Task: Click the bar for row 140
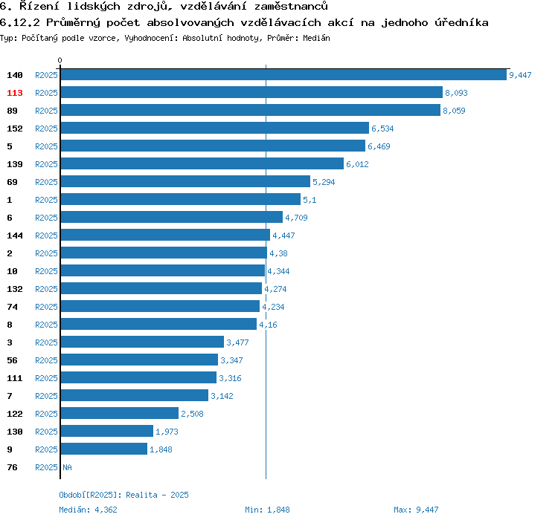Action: pos(283,74)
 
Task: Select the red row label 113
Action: pos(15,93)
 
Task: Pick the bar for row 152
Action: pos(214,128)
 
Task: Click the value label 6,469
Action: pos(379,146)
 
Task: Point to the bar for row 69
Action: pos(185,181)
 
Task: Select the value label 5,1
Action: pos(310,200)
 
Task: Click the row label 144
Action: pos(15,235)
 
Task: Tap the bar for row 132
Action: pos(161,288)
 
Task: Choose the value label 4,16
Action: pos(268,325)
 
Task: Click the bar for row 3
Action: pos(142,342)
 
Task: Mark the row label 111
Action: pos(15,378)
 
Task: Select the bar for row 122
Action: pos(120,413)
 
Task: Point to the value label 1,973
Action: pos(167,432)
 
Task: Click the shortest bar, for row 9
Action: pos(104,449)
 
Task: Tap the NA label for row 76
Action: pos(67,467)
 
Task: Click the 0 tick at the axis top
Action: pos(60,60)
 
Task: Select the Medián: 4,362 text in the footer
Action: pos(88,510)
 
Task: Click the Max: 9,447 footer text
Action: pos(416,510)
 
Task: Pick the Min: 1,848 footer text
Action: pos(267,510)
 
